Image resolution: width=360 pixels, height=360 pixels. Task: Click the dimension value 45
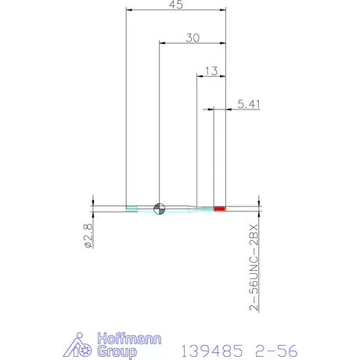pos(176,6)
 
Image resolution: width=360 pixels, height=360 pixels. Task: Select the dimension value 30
pos(192,38)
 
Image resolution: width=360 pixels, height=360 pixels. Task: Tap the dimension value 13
pos(210,70)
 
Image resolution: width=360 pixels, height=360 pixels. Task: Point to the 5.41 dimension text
pos(247,103)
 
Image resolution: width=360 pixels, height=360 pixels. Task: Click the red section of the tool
pos(219,208)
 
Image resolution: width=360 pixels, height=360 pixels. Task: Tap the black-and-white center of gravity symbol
pos(160,208)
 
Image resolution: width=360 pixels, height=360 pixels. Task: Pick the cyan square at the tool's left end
pos(131,208)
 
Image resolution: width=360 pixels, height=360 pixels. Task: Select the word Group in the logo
pos(115,351)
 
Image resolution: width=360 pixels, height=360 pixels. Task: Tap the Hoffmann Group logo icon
pos(81,345)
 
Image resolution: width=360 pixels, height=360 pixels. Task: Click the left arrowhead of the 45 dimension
pos(130,11)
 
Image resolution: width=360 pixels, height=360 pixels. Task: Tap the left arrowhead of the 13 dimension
pos(199,76)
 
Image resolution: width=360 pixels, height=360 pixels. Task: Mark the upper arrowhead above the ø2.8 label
pos(92,201)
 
